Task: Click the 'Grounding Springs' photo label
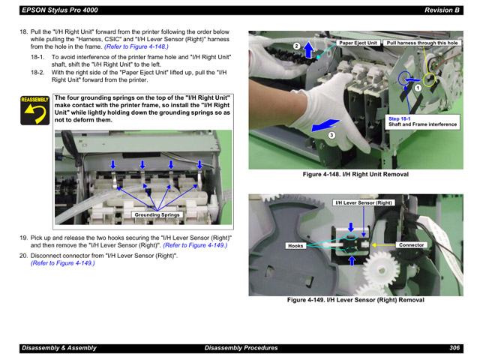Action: click(x=157, y=215)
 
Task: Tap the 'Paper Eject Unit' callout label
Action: click(x=358, y=43)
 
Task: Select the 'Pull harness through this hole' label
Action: click(x=422, y=43)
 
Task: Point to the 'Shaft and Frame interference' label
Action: click(x=422, y=124)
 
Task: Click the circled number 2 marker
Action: click(x=296, y=46)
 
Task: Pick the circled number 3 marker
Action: click(x=331, y=135)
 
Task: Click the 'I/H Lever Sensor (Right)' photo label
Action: click(x=364, y=203)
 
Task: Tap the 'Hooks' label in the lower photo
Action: click(x=295, y=245)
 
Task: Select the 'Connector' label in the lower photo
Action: click(x=412, y=245)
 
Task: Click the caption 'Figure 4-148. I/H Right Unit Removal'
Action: click(x=355, y=174)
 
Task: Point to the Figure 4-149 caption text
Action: click(x=355, y=300)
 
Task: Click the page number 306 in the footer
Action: click(x=454, y=348)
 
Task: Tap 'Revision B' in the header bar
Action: click(x=441, y=10)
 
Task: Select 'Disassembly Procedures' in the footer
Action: click(x=241, y=348)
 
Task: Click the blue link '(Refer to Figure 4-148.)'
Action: click(x=136, y=46)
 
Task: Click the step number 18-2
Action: click(x=38, y=72)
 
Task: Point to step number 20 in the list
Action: click(x=23, y=256)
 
